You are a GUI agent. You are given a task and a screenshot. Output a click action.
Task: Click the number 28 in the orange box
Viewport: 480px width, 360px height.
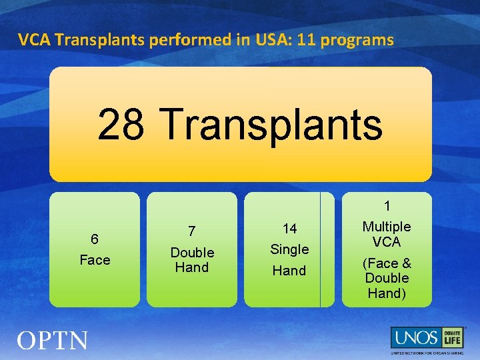(x=121, y=124)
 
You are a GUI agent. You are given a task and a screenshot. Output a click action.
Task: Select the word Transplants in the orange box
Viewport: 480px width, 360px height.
(x=271, y=124)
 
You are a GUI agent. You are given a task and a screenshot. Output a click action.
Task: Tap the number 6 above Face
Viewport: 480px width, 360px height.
(x=95, y=239)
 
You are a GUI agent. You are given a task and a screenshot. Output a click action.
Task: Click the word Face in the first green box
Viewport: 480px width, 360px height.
(x=95, y=260)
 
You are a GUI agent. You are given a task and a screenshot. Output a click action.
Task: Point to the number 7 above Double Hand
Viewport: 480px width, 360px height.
(x=192, y=231)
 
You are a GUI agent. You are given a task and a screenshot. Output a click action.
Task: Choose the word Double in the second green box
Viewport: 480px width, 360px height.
(x=192, y=253)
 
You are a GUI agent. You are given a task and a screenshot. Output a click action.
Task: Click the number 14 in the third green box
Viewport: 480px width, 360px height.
(x=289, y=229)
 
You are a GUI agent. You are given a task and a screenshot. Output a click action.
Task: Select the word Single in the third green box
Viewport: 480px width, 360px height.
(x=289, y=249)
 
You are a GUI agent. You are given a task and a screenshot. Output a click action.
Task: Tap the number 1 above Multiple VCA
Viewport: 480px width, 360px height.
(x=387, y=207)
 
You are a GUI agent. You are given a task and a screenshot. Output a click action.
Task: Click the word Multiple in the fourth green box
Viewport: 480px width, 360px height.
(x=387, y=227)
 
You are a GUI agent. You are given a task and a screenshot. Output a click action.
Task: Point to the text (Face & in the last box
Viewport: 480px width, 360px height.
(x=387, y=263)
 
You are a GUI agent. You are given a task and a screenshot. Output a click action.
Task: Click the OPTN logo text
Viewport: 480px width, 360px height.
(x=52, y=341)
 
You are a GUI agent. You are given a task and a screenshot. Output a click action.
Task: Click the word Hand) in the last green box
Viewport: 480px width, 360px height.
(x=387, y=293)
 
